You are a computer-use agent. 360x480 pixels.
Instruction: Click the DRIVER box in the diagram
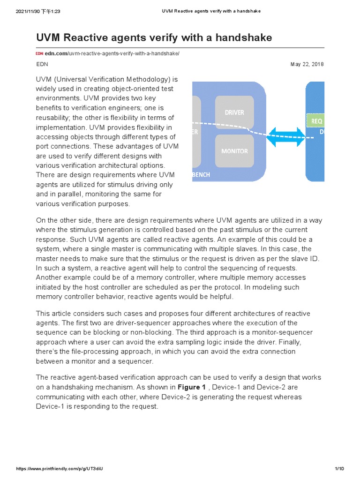234,112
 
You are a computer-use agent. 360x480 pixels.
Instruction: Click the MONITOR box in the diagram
234,151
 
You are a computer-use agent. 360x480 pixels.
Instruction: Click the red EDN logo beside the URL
39,54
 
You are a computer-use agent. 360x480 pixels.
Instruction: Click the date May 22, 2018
307,64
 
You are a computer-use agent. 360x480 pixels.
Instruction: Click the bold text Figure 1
191,387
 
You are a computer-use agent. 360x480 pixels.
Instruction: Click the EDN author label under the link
42,64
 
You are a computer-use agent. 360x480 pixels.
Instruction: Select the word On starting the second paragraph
41,220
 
